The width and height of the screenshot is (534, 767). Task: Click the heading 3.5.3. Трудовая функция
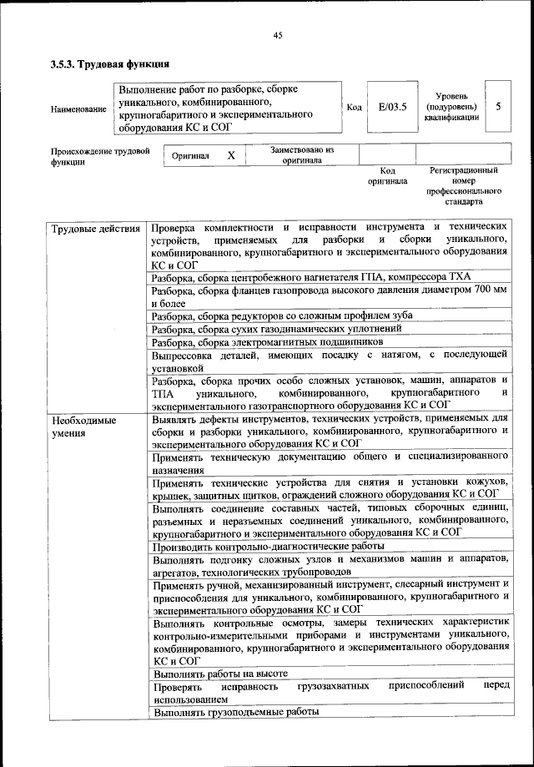pyautogui.click(x=111, y=63)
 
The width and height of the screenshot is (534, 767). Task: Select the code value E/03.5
pyautogui.click(x=391, y=108)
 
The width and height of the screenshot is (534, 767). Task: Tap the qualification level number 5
pyautogui.click(x=498, y=108)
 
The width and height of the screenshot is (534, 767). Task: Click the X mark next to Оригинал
pyautogui.click(x=231, y=156)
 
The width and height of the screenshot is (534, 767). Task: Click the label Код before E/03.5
pyautogui.click(x=354, y=108)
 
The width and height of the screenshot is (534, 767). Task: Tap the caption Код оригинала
pyautogui.click(x=387, y=176)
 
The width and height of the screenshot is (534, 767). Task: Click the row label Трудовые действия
pyautogui.click(x=94, y=228)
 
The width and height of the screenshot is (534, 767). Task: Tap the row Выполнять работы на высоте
pyautogui.click(x=220, y=673)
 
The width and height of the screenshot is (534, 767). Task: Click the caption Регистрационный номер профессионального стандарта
pyautogui.click(x=464, y=186)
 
